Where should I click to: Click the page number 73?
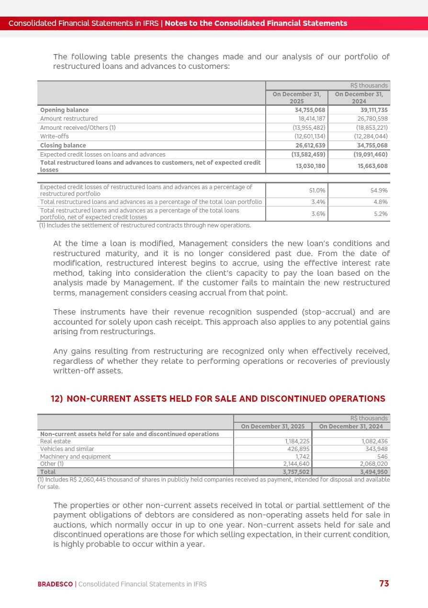[384, 583]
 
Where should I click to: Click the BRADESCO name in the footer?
[55, 584]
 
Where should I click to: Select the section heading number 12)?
[56, 399]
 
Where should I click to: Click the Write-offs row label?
[54, 136]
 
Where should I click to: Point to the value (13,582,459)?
[308, 155]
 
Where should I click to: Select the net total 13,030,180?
[310, 166]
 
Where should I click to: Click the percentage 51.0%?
[317, 191]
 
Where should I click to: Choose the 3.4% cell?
[318, 202]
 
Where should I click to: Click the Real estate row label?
[55, 441]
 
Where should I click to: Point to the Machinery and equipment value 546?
[382, 457]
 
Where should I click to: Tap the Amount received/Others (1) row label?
[78, 128]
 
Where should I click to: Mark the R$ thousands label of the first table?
[369, 86]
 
